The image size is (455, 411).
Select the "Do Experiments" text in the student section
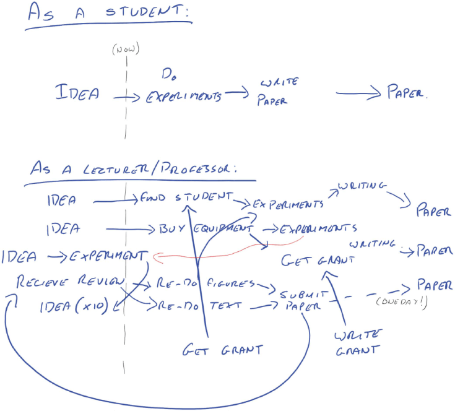(184, 91)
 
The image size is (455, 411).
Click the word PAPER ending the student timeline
(406, 93)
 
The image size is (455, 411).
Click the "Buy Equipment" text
(201, 228)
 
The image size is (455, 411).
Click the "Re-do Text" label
(196, 306)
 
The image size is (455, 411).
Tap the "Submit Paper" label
(300, 300)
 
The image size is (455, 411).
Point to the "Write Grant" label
(357, 342)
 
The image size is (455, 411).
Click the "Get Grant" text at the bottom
(222, 350)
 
